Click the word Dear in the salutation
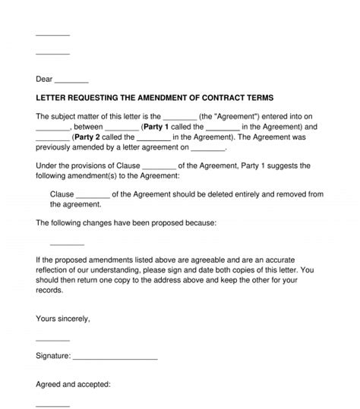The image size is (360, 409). point(45,79)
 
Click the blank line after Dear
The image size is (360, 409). point(72,80)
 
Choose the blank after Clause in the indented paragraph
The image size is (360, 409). point(93,195)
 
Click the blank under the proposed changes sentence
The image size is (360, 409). point(67,244)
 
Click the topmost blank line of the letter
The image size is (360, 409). point(52,35)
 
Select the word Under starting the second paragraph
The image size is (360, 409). point(47,165)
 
